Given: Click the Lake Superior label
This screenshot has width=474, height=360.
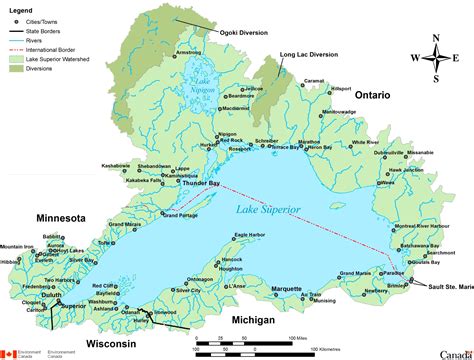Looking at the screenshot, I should pyautogui.click(x=272, y=211).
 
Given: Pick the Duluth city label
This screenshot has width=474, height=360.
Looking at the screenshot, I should pyautogui.click(x=52, y=296).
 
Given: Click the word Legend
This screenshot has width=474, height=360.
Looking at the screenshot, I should pyautogui.click(x=21, y=8).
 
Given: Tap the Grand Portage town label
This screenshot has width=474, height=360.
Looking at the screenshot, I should pyautogui.click(x=181, y=215).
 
